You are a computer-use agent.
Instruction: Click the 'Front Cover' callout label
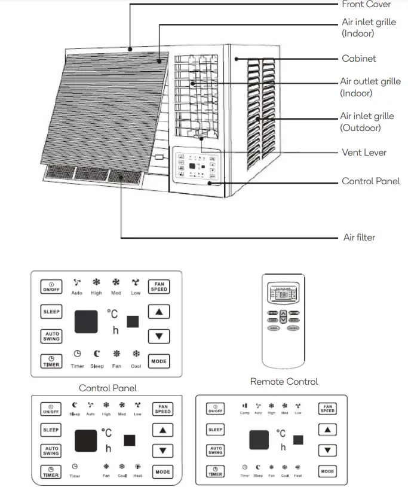[366, 5]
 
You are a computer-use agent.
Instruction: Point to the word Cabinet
[358, 59]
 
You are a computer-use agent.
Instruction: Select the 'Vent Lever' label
[364, 153]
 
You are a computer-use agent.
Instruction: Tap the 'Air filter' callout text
[359, 238]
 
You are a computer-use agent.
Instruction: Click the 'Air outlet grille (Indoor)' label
[370, 87]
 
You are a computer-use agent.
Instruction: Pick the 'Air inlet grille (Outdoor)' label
[370, 122]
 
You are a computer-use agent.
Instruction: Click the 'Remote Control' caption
[284, 381]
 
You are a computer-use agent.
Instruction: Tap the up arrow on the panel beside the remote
[158, 312]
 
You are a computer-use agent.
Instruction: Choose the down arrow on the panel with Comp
[327, 450]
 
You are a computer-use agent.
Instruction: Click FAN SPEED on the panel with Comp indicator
[327, 409]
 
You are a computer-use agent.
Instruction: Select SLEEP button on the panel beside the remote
[51, 312]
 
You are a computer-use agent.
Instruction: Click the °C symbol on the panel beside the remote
[112, 313]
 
